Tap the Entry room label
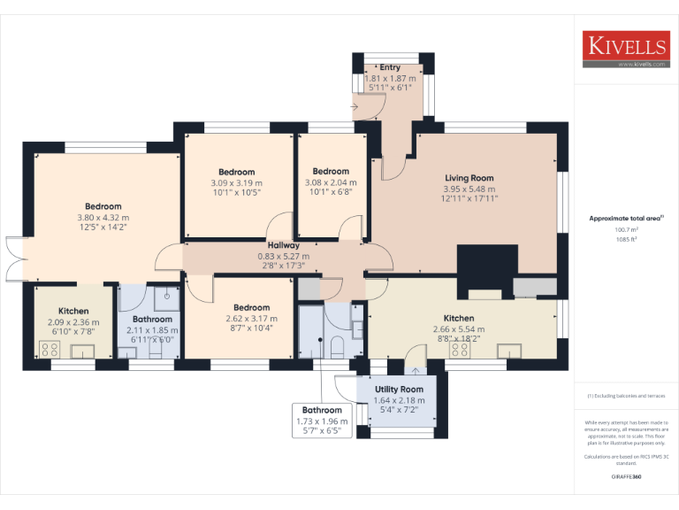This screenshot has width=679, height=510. coord(390,67)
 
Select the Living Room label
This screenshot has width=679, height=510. coord(469,178)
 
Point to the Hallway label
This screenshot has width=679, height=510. coord(283,245)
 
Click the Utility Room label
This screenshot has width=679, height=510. coord(399,389)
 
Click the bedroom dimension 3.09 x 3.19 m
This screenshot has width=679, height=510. coord(236,183)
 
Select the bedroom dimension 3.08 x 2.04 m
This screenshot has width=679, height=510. coord(330,183)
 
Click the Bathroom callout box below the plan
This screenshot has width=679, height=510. coord(322,421)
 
